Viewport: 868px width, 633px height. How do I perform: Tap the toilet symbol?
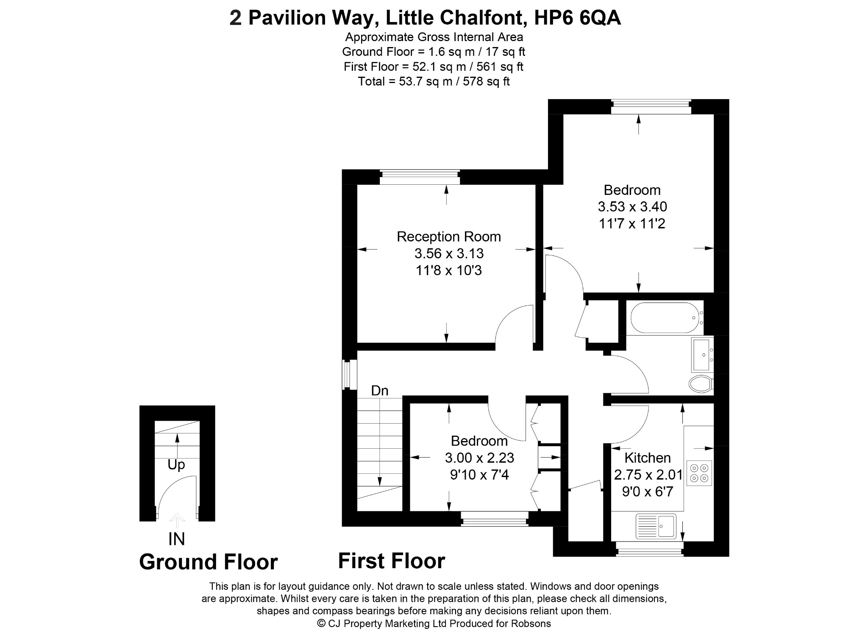[x=701, y=384]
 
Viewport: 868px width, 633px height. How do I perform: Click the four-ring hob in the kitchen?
[x=699, y=473]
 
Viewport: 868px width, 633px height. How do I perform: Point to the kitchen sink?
[x=656, y=526]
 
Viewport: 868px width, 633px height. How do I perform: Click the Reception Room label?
[x=448, y=236]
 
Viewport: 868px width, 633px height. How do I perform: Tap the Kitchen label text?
[x=647, y=458]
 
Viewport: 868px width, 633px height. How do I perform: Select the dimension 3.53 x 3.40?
[x=632, y=206]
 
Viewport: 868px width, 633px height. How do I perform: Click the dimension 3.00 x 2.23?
[x=479, y=458]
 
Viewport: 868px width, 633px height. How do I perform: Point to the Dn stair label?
[x=380, y=390]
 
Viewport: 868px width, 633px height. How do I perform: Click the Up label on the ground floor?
[x=176, y=465]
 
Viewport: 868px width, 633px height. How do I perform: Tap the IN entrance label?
[x=177, y=539]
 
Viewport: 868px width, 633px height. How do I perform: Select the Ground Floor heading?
[x=209, y=562]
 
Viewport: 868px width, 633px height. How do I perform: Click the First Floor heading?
[x=392, y=561]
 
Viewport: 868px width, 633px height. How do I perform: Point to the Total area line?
[x=434, y=81]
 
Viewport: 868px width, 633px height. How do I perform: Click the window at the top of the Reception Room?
[x=420, y=177]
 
